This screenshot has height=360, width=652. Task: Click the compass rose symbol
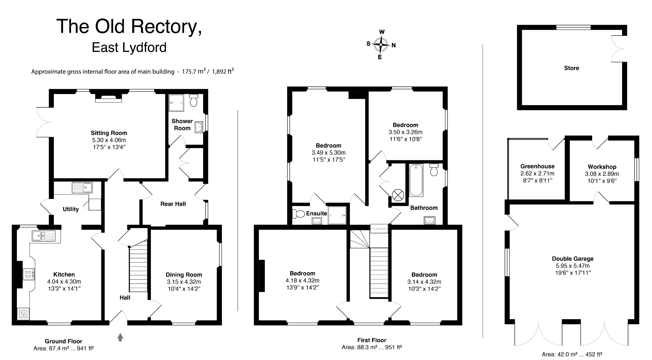[380, 45]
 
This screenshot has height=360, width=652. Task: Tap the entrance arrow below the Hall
[120, 337]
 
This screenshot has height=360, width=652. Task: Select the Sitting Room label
[109, 133]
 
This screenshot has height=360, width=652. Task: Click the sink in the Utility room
[82, 188]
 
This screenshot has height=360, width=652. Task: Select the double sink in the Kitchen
[44, 236]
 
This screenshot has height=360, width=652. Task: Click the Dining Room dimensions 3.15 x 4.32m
[184, 282]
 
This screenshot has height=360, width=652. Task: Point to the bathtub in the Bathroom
[416, 180]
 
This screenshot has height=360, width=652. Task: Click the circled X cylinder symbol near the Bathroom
[398, 195]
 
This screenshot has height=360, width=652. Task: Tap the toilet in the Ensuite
[298, 213]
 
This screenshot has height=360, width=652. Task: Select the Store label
[571, 68]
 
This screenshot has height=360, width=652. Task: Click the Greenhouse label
[537, 166]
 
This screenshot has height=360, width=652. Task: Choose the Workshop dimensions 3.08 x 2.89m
[602, 174]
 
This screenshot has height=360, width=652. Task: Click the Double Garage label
[573, 259]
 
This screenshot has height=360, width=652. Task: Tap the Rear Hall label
[173, 204]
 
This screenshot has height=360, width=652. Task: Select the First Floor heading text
[372, 340]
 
